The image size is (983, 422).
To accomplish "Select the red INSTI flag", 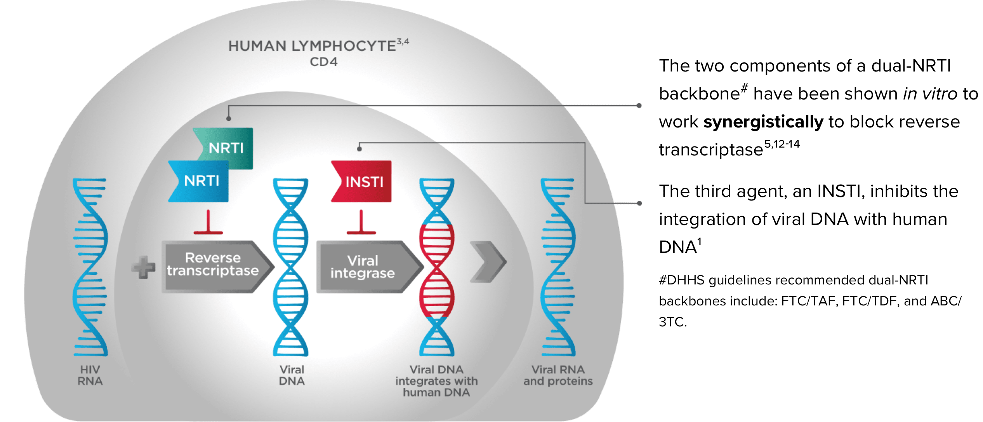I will coord(363,181).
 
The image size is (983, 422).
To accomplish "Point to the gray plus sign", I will coord(143,267).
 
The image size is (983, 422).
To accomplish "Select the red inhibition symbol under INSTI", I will coord(361,223).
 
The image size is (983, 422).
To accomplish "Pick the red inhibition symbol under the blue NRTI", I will coord(208,223).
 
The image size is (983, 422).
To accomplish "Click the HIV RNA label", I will coord(90,375).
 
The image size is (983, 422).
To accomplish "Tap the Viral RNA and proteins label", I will coord(558,375).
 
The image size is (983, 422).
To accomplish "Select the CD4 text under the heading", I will coord(323,62).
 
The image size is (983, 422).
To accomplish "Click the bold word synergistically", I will coord(763,122).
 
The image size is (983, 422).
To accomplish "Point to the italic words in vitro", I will coord(930,94).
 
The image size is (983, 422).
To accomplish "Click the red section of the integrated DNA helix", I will coord(437,270).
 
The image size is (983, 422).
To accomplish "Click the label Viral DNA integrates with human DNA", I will coord(436,381).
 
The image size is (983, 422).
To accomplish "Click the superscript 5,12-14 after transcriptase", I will coord(782,145).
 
